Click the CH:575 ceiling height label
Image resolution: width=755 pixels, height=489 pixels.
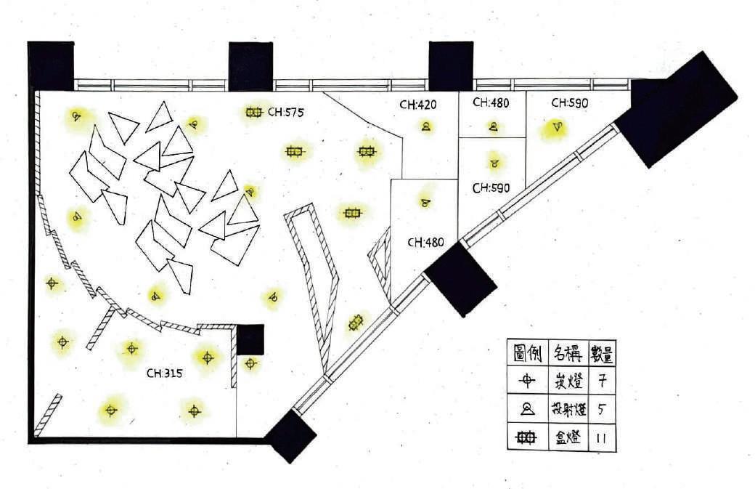[x=285, y=113]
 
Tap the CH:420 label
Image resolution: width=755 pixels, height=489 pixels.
[x=417, y=105]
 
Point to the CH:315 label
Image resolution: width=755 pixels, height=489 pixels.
[x=164, y=373]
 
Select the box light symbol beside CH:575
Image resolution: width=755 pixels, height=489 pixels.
[x=253, y=113]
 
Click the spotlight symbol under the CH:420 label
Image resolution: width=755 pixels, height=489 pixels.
[x=425, y=126]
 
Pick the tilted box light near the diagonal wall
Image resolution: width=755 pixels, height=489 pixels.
[x=355, y=322]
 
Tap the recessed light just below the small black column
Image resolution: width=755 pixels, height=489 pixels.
[x=250, y=363]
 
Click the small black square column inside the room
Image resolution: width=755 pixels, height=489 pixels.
[x=250, y=339]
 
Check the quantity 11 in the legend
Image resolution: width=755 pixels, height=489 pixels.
[x=602, y=438]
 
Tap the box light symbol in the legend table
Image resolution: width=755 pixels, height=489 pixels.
[x=528, y=438]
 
